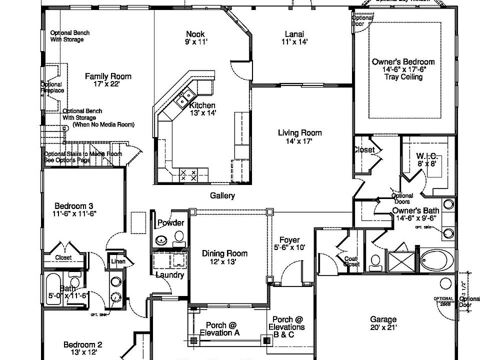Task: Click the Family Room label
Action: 108,80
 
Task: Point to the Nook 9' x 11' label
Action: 195,38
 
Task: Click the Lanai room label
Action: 294,38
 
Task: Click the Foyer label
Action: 289,243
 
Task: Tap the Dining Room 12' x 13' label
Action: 224,257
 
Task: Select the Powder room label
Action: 170,223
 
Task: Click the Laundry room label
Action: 170,274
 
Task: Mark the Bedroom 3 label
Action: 74,209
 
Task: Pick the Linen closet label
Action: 118,261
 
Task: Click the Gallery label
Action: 222,195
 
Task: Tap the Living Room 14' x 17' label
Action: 299,137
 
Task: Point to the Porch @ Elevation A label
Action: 219,329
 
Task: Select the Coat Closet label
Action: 351,261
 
